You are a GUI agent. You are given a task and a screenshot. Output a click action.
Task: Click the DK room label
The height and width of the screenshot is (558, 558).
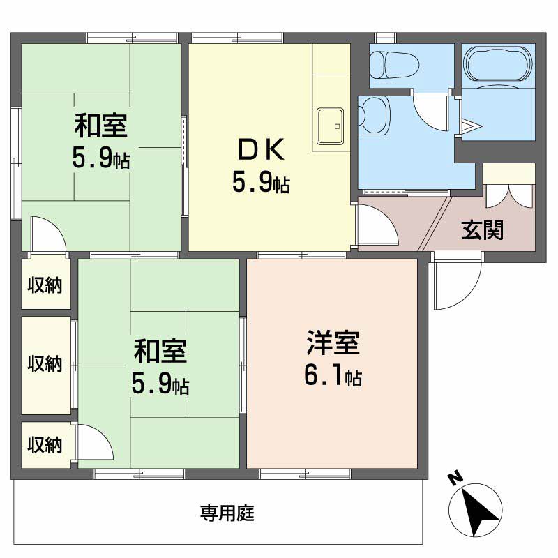pos(261,150)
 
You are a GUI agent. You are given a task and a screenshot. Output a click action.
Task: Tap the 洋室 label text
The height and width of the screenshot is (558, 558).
pos(333,342)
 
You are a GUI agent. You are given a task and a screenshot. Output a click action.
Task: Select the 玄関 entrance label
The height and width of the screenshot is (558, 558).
pos(483,230)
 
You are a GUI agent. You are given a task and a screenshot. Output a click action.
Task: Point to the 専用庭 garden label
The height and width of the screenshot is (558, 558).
pos(227,513)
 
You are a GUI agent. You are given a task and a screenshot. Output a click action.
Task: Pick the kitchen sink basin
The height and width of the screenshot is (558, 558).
pos(331,126)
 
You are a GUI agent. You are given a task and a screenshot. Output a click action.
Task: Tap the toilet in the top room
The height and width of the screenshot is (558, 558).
pos(394,66)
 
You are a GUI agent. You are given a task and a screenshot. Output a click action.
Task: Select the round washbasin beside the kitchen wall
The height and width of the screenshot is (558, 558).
pos(373,115)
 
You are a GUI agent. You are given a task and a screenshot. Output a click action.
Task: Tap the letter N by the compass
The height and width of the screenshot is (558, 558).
pos(455,478)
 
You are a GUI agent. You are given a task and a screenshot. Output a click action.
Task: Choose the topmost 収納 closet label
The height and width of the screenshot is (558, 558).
pos(45,285)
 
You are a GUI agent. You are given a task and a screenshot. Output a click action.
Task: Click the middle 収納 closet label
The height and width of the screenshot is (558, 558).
pos(45,363)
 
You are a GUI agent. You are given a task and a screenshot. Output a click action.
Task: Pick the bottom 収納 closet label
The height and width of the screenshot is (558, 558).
pos(45,444)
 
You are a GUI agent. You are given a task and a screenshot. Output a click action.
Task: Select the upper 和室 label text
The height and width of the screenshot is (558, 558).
pos(100,126)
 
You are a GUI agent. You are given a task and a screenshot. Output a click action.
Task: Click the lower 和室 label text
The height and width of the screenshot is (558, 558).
pos(160,352)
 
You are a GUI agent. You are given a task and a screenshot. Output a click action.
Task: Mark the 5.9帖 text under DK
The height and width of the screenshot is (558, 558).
pos(261,182)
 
